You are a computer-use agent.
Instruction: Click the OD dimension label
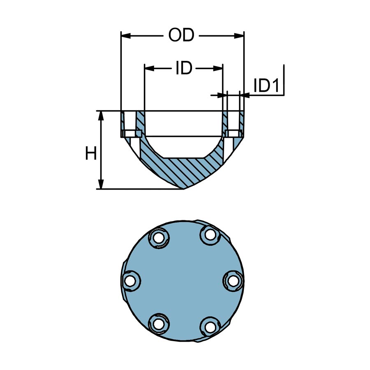181,36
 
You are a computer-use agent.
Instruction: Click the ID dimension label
184,69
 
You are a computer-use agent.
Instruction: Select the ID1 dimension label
266,86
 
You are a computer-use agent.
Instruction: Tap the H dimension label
90,154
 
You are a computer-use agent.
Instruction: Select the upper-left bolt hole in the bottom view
157,237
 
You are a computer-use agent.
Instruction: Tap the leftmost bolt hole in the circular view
130,282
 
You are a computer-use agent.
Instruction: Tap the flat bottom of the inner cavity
184,158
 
